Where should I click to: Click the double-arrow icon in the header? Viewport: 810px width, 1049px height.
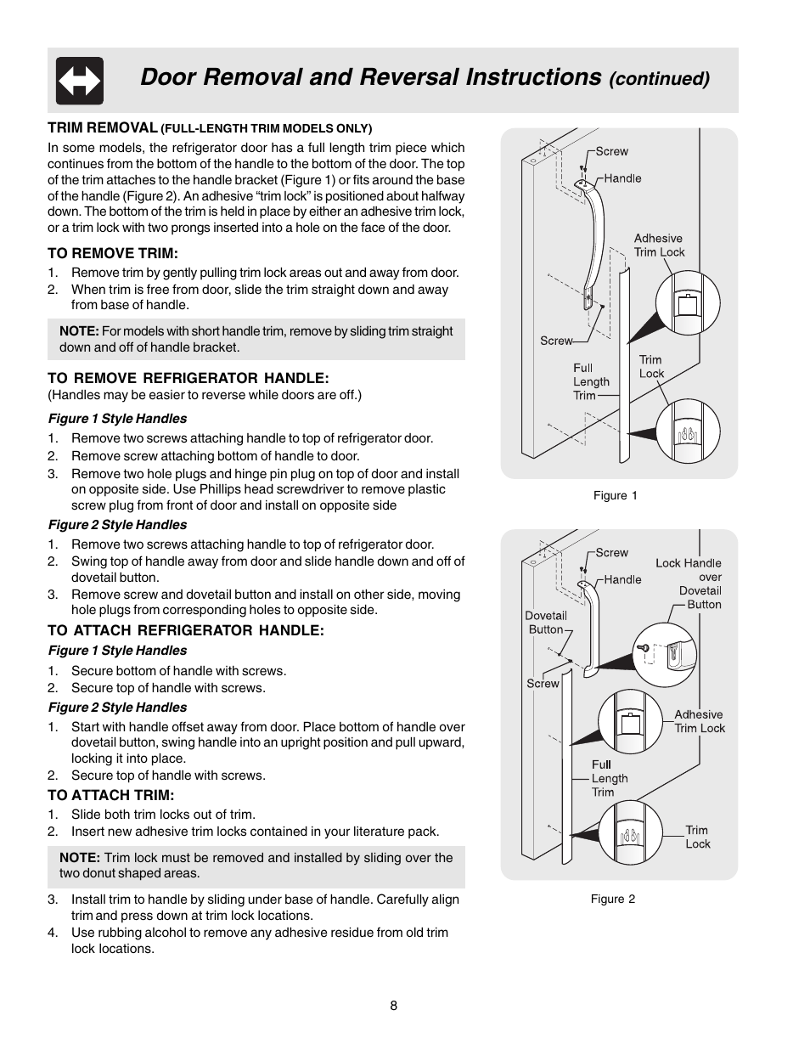pos(80,81)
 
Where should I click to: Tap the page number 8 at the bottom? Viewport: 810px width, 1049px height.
pos(394,1006)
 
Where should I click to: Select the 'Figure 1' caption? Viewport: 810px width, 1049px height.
pos(615,495)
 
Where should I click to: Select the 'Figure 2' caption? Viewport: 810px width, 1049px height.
pos(612,899)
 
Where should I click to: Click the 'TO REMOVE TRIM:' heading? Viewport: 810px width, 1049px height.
pos(113,253)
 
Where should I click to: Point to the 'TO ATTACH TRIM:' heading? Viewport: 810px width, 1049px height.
pos(110,795)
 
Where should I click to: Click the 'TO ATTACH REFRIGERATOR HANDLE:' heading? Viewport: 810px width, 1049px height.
pos(185,630)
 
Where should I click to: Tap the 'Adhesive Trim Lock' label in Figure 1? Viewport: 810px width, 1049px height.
pos(659,245)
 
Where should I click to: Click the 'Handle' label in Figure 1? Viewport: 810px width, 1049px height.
pos(622,178)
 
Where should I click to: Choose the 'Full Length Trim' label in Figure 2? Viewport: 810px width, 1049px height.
pos(609,778)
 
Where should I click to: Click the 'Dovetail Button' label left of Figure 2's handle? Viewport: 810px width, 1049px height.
pos(545,623)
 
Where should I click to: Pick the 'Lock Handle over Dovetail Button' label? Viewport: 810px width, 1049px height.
pos(689,584)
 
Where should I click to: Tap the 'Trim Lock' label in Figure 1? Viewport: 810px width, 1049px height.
pos(651,367)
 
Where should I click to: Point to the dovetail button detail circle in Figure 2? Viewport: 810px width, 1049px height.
pos(664,655)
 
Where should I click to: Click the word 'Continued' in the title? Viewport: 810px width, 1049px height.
pos(659,79)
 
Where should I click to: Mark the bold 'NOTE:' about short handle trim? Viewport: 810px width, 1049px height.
pos(79,331)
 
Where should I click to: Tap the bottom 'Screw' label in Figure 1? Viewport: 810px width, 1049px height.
pos(556,341)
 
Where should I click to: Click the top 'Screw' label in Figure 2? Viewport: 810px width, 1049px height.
pos(611,552)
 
